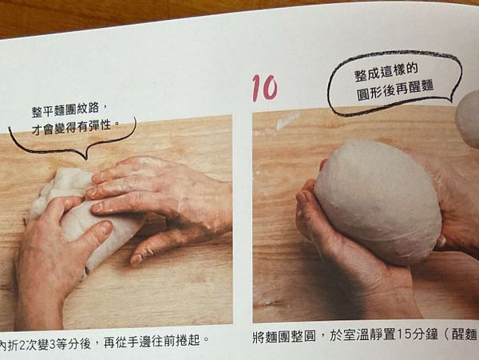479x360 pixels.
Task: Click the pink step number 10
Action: click(265, 88)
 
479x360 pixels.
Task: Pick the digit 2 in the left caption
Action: click(22, 340)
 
